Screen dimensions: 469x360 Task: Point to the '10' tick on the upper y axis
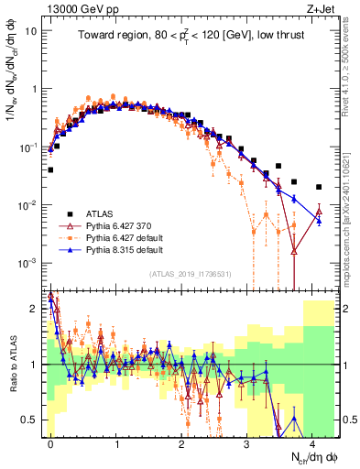click(29, 30)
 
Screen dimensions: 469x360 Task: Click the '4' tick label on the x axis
click(312, 441)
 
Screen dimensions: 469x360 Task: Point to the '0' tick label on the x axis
click(50, 441)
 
